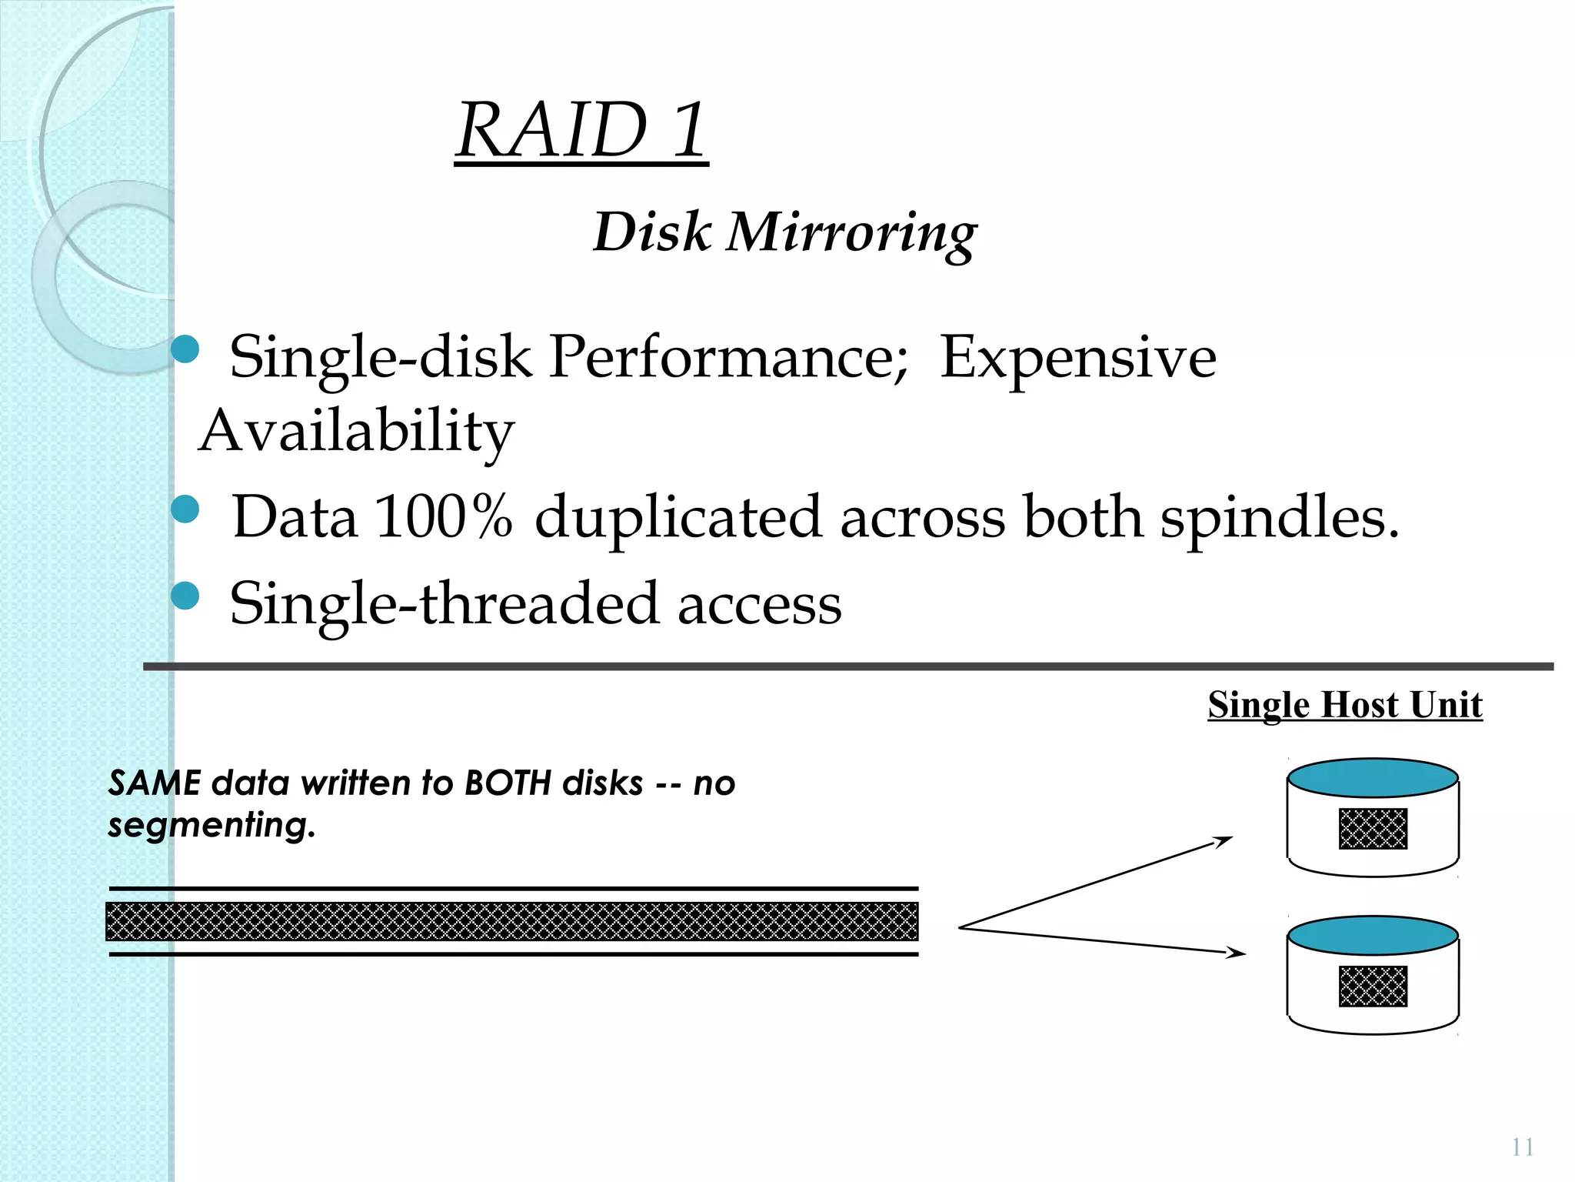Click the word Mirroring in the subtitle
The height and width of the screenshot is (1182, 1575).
pos(851,232)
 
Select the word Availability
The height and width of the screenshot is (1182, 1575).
pos(356,431)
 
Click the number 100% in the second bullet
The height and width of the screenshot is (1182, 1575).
pos(443,516)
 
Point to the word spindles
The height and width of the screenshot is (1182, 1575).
pos(1279,518)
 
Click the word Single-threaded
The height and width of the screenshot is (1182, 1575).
pos(444,603)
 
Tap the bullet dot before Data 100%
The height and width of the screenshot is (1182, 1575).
pos(185,509)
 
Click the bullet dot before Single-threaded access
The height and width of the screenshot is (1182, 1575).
pos(185,596)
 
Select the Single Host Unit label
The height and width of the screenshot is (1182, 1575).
pos(1344,704)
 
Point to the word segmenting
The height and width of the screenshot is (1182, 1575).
pos(211,825)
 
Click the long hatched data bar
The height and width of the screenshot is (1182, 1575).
pos(511,921)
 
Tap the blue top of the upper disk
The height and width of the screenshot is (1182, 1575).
pos(1373,777)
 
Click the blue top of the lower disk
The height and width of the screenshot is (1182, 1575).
pos(1373,935)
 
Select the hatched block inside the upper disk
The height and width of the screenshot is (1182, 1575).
pos(1373,829)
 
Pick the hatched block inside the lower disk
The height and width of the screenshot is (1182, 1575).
pos(1373,986)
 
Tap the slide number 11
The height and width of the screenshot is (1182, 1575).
pos(1522,1147)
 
